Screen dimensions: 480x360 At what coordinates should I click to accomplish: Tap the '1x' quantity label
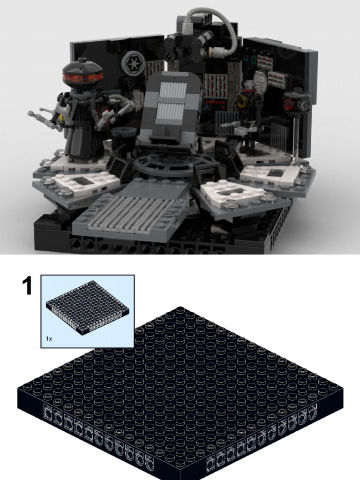click(49, 338)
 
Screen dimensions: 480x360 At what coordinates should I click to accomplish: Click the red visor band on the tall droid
click(82, 76)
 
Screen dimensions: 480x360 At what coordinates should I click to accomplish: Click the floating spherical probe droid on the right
click(297, 102)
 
